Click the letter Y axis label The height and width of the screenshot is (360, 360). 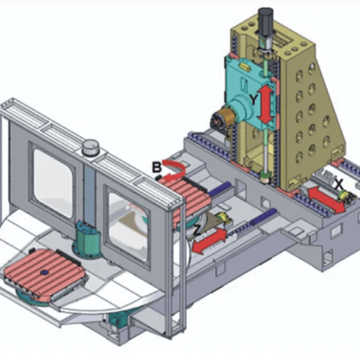[x=253, y=100]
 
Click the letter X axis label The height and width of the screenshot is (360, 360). [x=339, y=184]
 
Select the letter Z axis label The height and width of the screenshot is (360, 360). [x=197, y=230]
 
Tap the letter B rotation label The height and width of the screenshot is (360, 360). [x=157, y=167]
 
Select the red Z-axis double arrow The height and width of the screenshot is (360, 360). [x=209, y=241]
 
